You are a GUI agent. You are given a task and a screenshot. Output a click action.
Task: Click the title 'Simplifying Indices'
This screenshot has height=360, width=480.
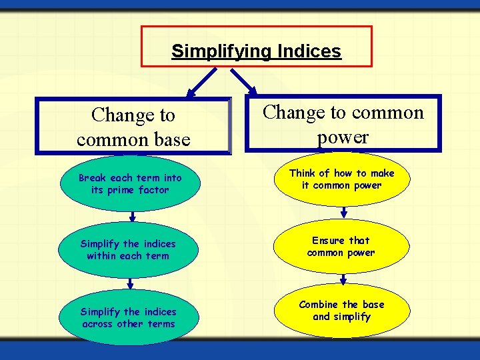tap(256, 51)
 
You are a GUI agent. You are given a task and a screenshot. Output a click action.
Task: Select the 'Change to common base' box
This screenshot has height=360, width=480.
tap(133, 127)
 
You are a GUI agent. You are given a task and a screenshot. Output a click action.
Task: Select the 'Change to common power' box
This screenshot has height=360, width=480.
tap(343, 124)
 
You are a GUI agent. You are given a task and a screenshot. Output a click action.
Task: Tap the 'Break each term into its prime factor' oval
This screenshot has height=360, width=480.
tap(129, 184)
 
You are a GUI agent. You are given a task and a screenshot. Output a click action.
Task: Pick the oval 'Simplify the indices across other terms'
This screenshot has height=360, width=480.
tap(128, 318)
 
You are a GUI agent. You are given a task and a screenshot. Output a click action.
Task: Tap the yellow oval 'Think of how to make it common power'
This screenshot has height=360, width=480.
tap(341, 179)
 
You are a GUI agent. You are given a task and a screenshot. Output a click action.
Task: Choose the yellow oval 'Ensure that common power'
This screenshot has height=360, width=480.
tap(341, 247)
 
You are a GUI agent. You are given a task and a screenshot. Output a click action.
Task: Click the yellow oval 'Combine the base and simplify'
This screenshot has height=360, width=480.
tap(341, 311)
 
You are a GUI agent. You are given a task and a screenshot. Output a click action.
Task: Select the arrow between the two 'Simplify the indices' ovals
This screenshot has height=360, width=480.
tap(133, 283)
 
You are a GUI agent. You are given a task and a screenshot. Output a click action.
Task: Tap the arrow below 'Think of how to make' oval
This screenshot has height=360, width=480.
tap(343, 212)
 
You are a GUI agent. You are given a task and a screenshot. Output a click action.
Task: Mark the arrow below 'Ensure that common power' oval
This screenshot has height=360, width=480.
tap(343, 278)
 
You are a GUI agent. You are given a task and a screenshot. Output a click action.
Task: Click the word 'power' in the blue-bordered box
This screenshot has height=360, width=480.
tap(343, 137)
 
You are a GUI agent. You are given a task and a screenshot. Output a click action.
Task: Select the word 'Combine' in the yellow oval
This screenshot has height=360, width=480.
tap(319, 305)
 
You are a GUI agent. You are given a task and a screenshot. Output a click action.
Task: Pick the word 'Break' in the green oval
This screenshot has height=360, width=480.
tap(92, 178)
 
